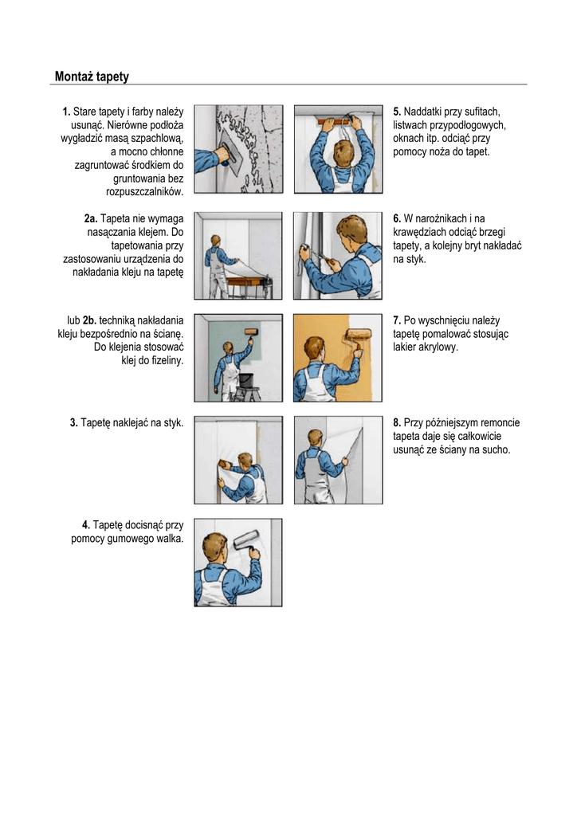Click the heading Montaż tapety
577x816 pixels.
[92, 76]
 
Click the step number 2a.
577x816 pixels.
[91, 218]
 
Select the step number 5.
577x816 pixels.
[397, 112]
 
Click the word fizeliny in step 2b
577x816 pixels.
[167, 361]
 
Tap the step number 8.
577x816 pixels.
[397, 422]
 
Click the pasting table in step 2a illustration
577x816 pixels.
[249, 286]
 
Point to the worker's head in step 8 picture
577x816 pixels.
[315, 437]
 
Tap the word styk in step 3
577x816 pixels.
[173, 423]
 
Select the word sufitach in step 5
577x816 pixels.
[482, 112]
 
